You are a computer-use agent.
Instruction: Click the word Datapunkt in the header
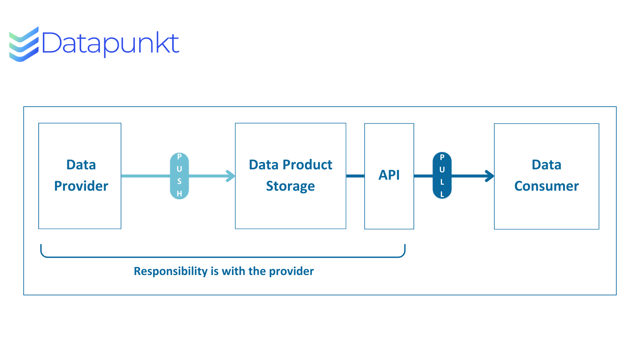(x=111, y=44)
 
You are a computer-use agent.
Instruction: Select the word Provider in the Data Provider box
(x=81, y=186)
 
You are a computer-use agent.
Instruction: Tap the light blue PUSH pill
(x=179, y=176)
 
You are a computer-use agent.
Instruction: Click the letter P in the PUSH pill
(x=179, y=157)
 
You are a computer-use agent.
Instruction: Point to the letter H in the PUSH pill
(x=179, y=194)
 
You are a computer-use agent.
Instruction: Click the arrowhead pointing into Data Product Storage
(x=230, y=176)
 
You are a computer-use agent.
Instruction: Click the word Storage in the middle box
(x=290, y=186)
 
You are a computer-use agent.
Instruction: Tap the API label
(x=389, y=175)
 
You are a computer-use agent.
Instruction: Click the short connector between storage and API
(x=355, y=176)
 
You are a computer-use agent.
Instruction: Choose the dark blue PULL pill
(x=442, y=175)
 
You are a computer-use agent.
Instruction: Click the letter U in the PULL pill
(x=442, y=170)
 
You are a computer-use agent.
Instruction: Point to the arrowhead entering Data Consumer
(x=489, y=176)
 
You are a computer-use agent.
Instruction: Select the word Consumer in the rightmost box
(x=547, y=186)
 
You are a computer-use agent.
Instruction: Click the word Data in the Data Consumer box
(x=547, y=165)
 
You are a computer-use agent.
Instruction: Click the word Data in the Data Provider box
(x=81, y=165)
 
